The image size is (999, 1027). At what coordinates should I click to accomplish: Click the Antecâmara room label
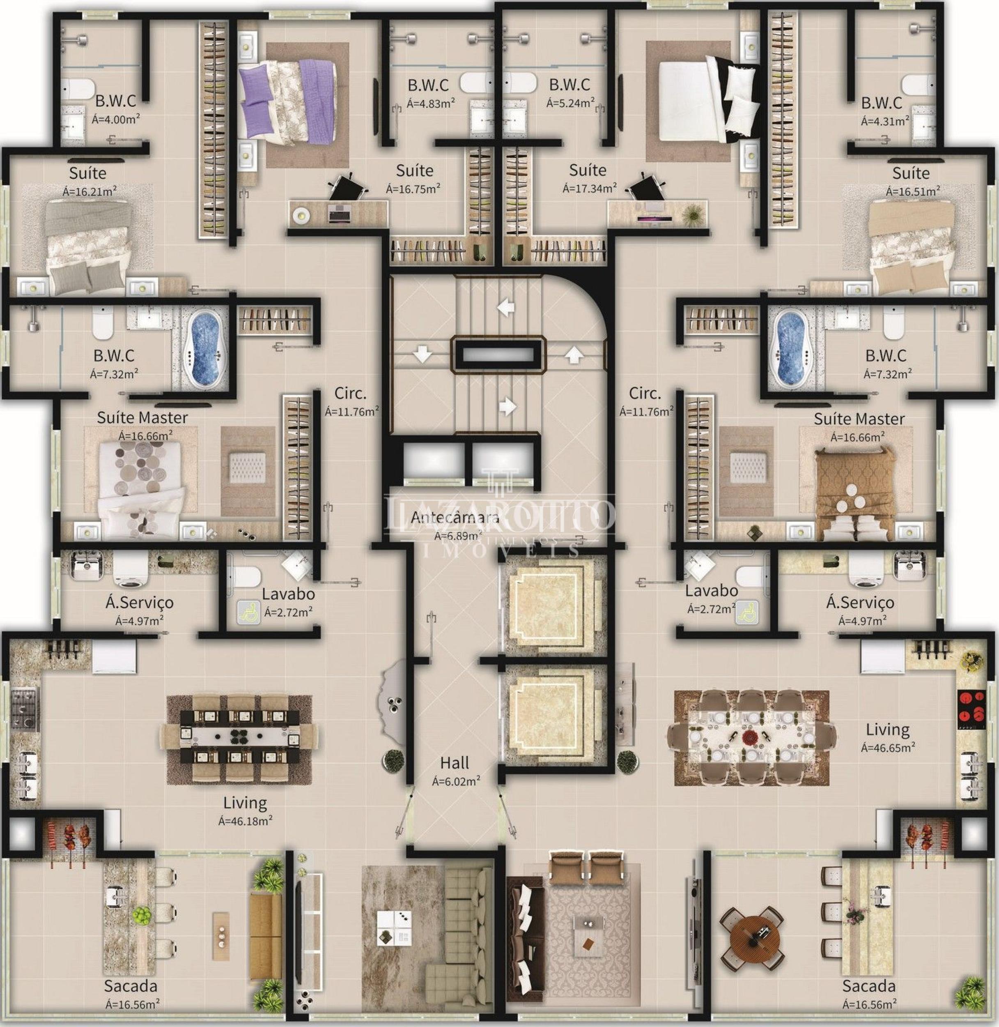click(x=455, y=517)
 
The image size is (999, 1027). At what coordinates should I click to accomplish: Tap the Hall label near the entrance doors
click(x=455, y=762)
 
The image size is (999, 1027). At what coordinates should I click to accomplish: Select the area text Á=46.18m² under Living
click(x=245, y=820)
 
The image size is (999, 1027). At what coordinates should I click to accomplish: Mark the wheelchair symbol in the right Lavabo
click(x=746, y=612)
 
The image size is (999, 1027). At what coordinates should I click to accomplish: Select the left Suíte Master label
click(x=142, y=417)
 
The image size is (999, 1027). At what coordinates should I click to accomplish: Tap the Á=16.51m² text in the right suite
click(x=913, y=191)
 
